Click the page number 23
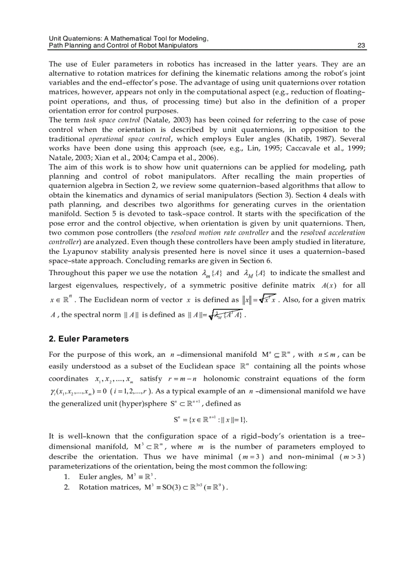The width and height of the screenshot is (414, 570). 361,45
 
